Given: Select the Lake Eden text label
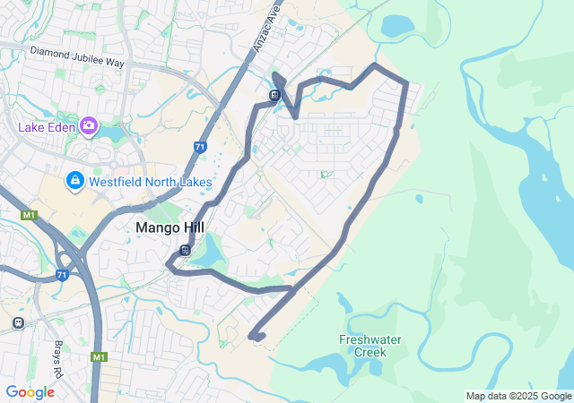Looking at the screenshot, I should pyautogui.click(x=48, y=126).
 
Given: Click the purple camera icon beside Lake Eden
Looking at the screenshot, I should pyautogui.click(x=89, y=125).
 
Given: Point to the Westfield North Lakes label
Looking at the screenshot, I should pyautogui.click(x=150, y=183).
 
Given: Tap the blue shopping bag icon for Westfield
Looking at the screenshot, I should pyautogui.click(x=74, y=182).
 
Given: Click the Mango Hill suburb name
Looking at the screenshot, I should pyautogui.click(x=170, y=227).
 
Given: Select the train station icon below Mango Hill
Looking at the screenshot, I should pyautogui.click(x=185, y=251).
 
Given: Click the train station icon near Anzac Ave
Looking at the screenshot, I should pyautogui.click(x=274, y=94).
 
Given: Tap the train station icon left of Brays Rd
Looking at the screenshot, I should pyautogui.click(x=18, y=322).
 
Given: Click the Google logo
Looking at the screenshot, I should pyautogui.click(x=30, y=392).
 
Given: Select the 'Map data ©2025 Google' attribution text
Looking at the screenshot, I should pyautogui.click(x=517, y=396).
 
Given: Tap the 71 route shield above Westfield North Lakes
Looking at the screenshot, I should pyautogui.click(x=200, y=147).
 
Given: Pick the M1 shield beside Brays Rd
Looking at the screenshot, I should pyautogui.click(x=98, y=357).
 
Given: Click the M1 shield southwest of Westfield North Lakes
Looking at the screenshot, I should pyautogui.click(x=29, y=215).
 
